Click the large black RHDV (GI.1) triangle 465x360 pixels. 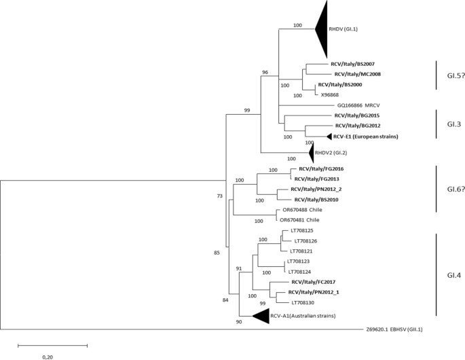tap(322, 29)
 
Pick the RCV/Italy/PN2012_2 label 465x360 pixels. tap(321, 190)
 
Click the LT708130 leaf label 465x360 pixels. tap(306, 302)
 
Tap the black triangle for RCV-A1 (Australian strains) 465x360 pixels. tap(260, 317)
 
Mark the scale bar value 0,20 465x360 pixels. tap(52, 356)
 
